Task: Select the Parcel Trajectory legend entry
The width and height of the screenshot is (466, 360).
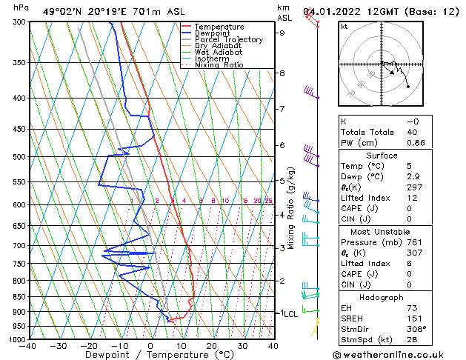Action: point(228,39)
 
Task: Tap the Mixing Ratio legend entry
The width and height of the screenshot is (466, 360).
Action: point(219,65)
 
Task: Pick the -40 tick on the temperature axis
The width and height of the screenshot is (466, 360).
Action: point(28,345)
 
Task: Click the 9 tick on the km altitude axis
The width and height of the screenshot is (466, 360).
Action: point(282,33)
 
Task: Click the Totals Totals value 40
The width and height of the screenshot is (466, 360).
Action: point(412,132)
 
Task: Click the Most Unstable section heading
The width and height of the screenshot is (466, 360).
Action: point(382,231)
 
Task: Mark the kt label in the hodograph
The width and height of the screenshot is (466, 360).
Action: point(344,27)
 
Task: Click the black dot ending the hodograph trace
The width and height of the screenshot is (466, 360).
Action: point(408,87)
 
